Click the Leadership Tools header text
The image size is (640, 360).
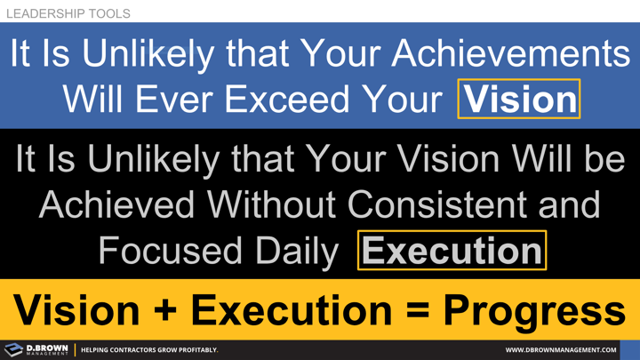(68, 13)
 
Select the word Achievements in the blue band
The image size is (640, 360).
(511, 55)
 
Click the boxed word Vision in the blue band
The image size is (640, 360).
(519, 99)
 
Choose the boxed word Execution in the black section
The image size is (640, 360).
(452, 251)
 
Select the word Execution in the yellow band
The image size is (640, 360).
(291, 310)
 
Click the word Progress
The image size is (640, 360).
(534, 310)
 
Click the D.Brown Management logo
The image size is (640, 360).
(36, 349)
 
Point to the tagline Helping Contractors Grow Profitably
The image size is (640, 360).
(149, 350)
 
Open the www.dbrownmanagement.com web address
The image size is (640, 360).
(560, 350)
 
